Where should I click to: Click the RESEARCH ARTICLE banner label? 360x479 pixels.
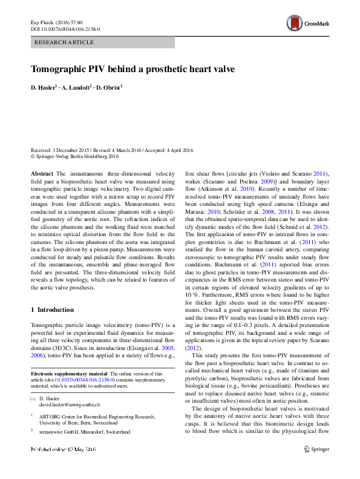coord(65,42)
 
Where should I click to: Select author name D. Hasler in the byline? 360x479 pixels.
coord(44,88)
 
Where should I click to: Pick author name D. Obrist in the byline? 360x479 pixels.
coord(109,88)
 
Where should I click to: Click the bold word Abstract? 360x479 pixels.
coord(42,173)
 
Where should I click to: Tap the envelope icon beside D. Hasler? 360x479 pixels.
coord(33,398)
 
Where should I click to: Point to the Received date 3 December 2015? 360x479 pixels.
coord(61,150)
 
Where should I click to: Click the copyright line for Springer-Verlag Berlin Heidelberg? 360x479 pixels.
coord(75,156)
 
